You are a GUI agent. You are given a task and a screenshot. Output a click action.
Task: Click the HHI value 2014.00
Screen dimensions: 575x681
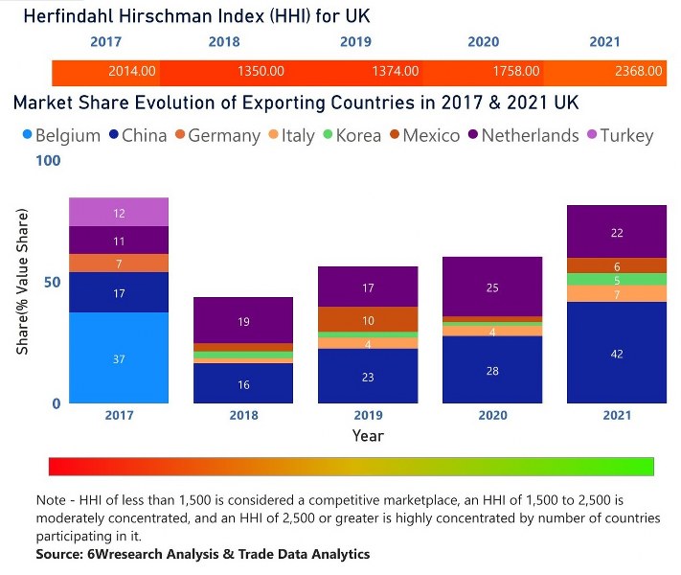pyautogui.click(x=132, y=71)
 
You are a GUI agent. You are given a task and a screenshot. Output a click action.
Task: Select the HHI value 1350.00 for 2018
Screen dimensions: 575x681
pyautogui.click(x=261, y=71)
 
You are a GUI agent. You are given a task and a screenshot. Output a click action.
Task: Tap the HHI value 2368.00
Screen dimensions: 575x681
pyautogui.click(x=639, y=71)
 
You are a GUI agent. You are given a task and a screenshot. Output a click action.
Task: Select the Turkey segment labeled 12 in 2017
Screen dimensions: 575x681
pyautogui.click(x=119, y=213)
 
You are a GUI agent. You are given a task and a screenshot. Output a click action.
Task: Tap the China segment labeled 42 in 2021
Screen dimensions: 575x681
pyautogui.click(x=616, y=353)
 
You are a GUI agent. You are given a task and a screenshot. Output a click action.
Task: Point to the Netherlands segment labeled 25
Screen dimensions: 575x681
pyautogui.click(x=492, y=287)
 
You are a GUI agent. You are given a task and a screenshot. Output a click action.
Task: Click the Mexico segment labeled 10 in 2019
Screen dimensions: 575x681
pyautogui.click(x=368, y=319)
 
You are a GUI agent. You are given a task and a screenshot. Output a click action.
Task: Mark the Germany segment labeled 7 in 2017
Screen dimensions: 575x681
pyautogui.click(x=119, y=263)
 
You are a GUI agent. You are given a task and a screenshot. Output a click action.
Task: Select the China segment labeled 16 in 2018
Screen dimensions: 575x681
pyautogui.click(x=243, y=383)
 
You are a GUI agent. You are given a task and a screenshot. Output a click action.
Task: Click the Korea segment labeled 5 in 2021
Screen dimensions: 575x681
pyautogui.click(x=616, y=279)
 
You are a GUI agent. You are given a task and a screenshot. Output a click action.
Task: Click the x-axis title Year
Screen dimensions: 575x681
pyautogui.click(x=367, y=435)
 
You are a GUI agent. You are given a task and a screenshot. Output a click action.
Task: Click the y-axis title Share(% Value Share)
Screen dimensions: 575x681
pyautogui.click(x=22, y=283)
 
